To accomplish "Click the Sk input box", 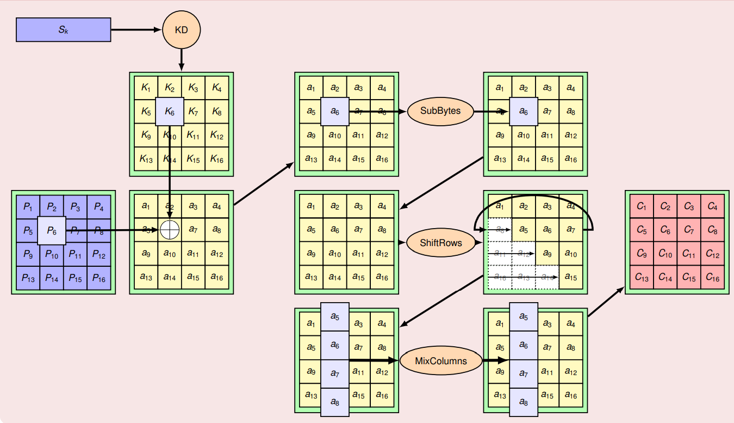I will point(64,29).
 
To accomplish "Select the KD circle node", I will point(181,29).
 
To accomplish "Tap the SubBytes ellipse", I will point(440,111).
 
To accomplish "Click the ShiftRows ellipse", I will point(440,242).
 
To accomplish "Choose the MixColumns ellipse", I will point(440,360).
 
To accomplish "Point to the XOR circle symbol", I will point(170,230).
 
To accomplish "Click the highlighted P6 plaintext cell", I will point(52,230).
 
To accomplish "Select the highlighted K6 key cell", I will point(170,112).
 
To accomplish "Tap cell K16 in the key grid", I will point(217,159).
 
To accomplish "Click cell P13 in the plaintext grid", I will point(28,278).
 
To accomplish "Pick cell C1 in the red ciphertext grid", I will point(642,207).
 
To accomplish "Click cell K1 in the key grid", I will point(146,87).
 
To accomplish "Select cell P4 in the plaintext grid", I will point(98,207).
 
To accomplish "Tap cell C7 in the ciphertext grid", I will point(689,230).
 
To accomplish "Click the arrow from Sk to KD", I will point(136,29).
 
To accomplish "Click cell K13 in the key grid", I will point(146,159).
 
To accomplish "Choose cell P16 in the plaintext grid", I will point(98,278).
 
